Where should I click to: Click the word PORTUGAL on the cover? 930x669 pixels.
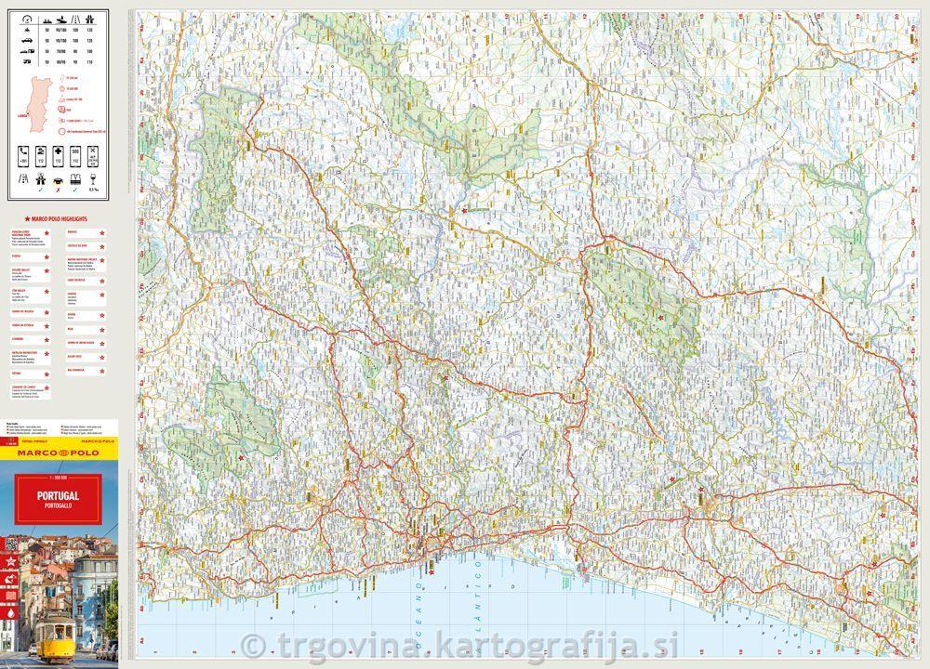tap(59, 496)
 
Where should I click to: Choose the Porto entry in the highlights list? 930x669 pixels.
tap(17, 254)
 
